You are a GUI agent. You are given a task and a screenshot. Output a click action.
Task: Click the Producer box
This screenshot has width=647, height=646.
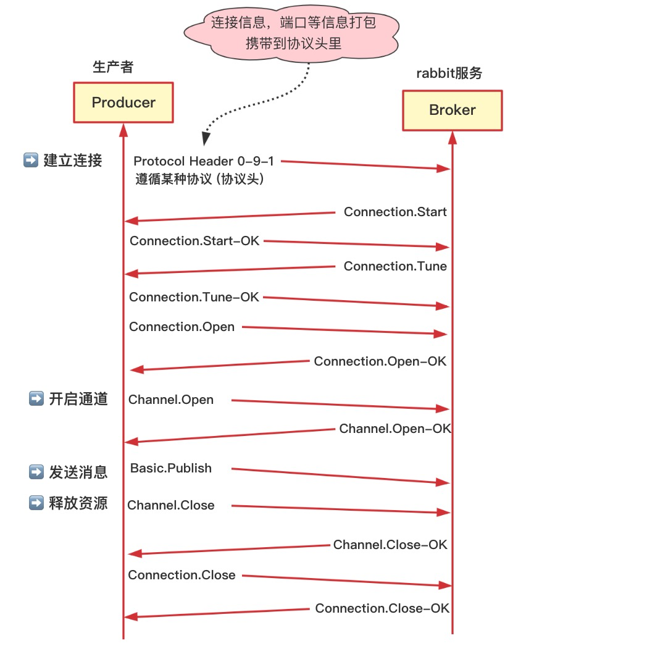pos(123,103)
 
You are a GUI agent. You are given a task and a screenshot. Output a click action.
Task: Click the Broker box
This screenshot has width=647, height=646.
pos(452,111)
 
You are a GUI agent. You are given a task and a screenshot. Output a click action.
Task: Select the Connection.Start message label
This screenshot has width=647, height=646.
pos(395,212)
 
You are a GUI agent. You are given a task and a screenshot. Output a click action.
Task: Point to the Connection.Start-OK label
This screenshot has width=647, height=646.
pos(194,241)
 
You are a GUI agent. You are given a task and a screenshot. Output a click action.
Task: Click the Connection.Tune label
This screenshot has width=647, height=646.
pos(395,266)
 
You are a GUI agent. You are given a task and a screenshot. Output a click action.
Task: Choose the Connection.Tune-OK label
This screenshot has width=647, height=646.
pos(194,297)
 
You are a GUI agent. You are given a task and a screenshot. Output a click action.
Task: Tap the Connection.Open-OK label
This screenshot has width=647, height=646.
pos(380,361)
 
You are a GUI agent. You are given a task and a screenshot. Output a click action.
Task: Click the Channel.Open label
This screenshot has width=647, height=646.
pos(171,400)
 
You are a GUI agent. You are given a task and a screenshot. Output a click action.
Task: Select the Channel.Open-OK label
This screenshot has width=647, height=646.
pos(395,429)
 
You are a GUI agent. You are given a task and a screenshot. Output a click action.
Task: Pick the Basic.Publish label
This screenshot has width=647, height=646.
pos(171,468)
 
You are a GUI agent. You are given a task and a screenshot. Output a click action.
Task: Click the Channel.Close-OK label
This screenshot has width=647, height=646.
pos(390,545)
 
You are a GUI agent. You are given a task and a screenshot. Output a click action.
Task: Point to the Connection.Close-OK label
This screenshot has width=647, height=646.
pos(382,608)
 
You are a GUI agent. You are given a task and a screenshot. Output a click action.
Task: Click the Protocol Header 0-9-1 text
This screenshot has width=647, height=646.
pos(203,161)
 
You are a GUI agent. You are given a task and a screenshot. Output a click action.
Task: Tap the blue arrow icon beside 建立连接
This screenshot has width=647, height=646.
pos(30,161)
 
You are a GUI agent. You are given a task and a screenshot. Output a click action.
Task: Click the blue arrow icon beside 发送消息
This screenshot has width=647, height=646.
pos(36,472)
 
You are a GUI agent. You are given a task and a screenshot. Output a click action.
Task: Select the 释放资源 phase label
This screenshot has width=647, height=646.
pos(78,503)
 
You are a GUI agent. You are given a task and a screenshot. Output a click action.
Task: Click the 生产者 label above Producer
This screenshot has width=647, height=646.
pos(112,67)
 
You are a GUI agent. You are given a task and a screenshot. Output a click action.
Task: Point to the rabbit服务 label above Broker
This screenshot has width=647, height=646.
pos(449,73)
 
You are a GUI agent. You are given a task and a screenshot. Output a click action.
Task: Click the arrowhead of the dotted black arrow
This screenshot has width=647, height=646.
pos(205,140)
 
